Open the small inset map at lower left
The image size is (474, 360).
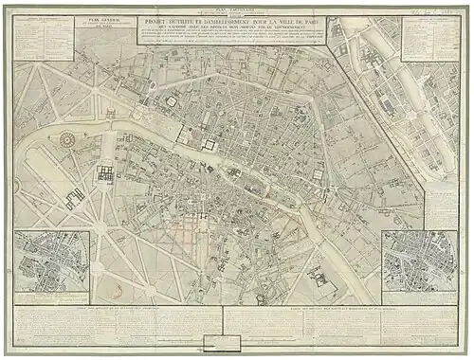(x=52, y=261)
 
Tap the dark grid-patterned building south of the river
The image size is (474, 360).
(x=105, y=174)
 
